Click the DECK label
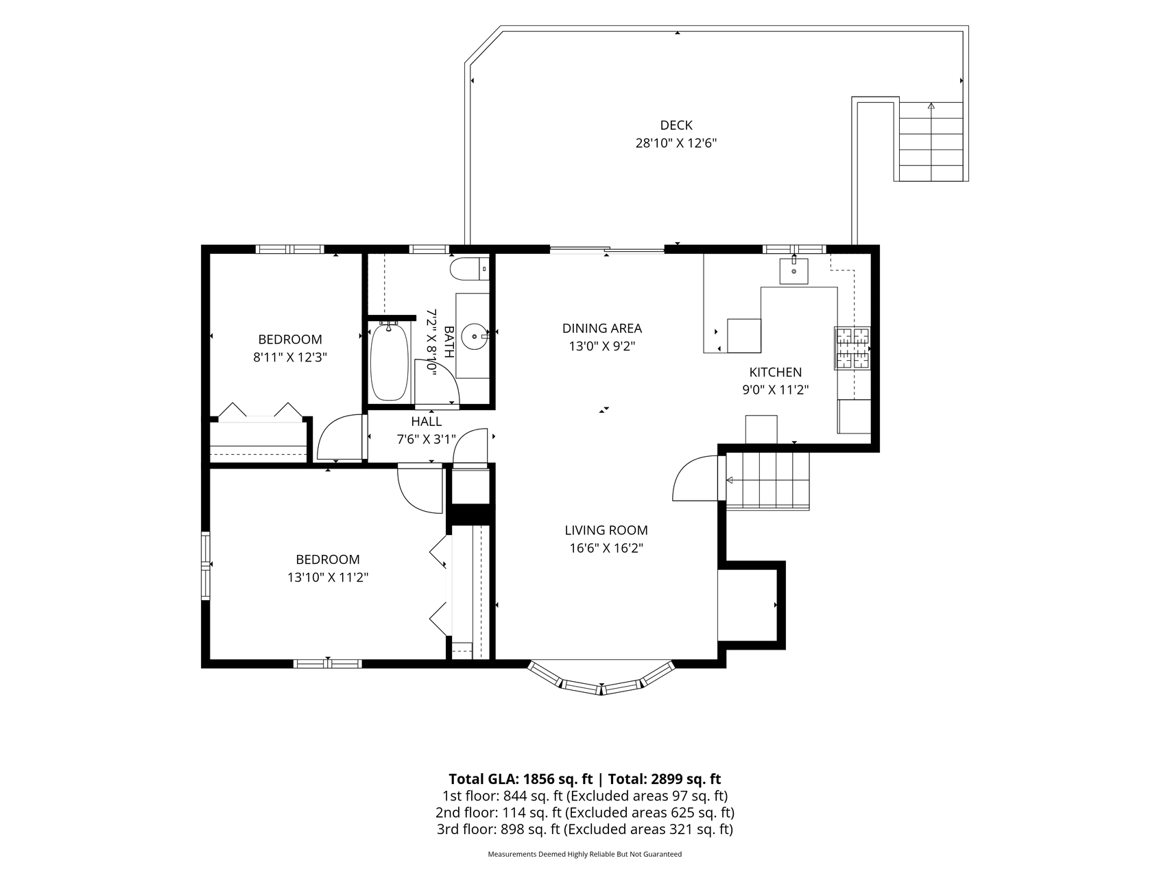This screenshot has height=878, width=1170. [676, 126]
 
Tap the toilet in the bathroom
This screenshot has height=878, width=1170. [469, 269]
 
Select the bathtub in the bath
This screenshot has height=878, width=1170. [390, 361]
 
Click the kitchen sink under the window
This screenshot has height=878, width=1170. [794, 271]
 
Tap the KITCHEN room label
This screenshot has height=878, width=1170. [775, 372]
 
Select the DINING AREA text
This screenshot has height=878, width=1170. [601, 329]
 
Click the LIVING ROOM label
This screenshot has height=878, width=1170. [606, 530]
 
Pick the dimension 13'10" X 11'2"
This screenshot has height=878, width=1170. [328, 578]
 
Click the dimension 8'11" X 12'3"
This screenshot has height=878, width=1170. [289, 357]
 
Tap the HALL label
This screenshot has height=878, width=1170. [426, 422]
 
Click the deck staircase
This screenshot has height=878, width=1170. [931, 141]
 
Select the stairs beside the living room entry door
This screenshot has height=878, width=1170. [767, 480]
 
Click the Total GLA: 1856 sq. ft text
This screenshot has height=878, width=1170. [521, 779]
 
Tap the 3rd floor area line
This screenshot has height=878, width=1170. [584, 829]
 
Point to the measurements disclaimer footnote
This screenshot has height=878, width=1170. [584, 855]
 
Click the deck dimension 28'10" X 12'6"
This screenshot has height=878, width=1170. [676, 143]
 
